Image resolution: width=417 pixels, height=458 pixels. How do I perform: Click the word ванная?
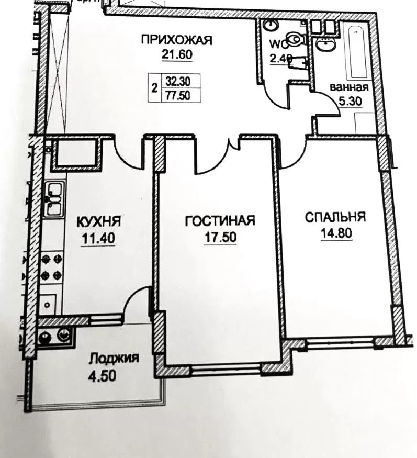click(350, 87)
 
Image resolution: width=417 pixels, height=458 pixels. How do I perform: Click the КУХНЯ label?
click(99, 221)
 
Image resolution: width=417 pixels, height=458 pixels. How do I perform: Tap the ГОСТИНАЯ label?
click(220, 221)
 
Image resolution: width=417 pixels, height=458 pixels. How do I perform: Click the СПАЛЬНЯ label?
click(335, 217)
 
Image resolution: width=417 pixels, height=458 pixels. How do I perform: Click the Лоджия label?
click(114, 359)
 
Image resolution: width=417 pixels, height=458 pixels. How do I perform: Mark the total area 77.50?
click(177, 95)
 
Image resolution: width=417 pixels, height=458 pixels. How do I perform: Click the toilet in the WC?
click(296, 38)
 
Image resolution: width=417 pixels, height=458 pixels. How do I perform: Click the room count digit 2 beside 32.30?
click(154, 88)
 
